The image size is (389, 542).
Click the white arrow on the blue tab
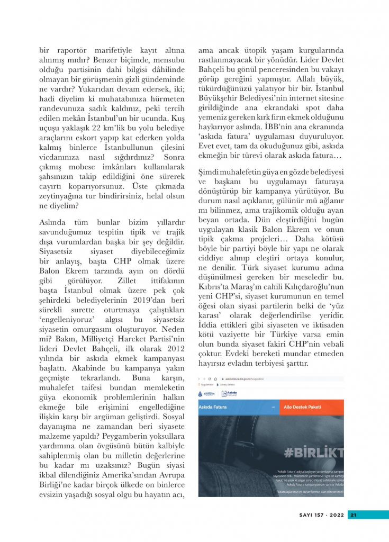tap(272, 408)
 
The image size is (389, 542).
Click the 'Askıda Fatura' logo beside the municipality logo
tap(231, 393)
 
